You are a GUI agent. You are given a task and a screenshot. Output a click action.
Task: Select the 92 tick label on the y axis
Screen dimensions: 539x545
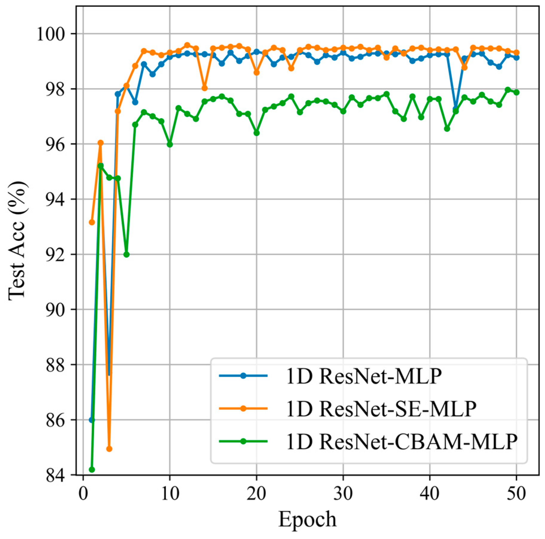point(55,255)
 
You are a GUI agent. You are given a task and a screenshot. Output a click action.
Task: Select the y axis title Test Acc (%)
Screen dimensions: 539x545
point(17,241)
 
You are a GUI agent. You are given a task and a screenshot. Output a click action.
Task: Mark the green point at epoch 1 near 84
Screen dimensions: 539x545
point(92,470)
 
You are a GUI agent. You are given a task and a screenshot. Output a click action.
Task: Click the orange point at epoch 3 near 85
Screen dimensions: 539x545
point(109,449)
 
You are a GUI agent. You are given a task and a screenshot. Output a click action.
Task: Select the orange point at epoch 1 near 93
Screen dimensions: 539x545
point(92,222)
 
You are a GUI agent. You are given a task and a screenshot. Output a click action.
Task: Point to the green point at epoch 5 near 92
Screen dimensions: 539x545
point(126,254)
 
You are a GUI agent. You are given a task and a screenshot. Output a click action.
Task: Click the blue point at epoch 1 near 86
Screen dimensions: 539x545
point(92,420)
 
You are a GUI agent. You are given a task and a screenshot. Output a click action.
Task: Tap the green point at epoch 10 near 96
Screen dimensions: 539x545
point(170,145)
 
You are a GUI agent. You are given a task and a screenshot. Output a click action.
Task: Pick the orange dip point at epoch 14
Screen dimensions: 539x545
point(204,88)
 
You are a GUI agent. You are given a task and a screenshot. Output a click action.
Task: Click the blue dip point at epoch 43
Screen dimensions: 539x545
point(456,108)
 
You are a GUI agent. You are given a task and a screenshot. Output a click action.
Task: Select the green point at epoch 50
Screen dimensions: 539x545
point(516,92)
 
